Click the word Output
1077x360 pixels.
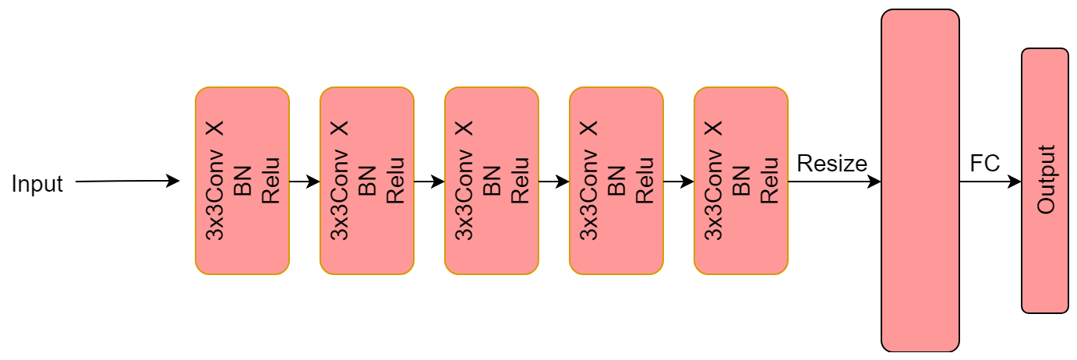[1045, 180]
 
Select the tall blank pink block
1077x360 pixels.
[920, 181]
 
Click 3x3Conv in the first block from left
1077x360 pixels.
[215, 199]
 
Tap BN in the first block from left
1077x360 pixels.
[242, 181]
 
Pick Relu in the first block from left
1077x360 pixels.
[270, 181]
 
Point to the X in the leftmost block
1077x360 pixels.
[215, 128]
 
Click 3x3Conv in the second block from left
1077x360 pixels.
[340, 199]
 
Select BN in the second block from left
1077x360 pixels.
[367, 181]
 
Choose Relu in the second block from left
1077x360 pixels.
[395, 181]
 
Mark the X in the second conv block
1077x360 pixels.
[340, 128]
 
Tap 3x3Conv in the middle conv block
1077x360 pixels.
[464, 199]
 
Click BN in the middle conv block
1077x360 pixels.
[492, 181]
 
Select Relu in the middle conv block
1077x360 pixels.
[520, 181]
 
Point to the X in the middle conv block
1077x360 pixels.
[464, 128]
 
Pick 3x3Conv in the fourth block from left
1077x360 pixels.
[589, 199]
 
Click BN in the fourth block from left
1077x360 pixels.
[616, 181]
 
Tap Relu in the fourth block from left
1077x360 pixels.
[644, 181]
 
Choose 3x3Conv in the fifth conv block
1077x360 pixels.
[714, 199]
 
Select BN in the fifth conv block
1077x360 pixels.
[741, 181]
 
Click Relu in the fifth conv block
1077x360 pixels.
[769, 181]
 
